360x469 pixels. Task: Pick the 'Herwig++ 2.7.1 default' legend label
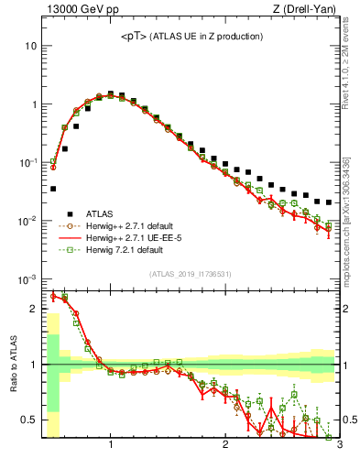click(x=130, y=224)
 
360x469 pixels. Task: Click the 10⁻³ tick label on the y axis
click(x=27, y=278)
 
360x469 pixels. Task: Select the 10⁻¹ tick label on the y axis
click(x=27, y=162)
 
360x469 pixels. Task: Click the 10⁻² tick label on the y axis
click(x=27, y=221)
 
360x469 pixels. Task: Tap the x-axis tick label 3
click(x=338, y=445)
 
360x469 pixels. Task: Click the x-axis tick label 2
click(x=225, y=445)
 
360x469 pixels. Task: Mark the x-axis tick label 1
click(x=111, y=445)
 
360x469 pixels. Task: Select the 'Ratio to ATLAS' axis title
click(x=12, y=364)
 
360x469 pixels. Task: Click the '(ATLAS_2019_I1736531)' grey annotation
click(x=191, y=274)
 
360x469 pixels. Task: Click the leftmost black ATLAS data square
click(x=53, y=189)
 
